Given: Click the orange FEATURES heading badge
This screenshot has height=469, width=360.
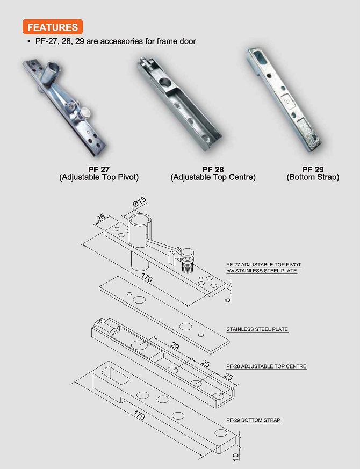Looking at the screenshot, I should (53, 27).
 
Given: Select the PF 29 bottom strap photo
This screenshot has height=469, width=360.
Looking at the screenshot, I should (282, 99).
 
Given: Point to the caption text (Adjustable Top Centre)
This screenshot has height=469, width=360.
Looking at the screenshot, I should (213, 177).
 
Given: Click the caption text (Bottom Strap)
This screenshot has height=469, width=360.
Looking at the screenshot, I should (313, 177).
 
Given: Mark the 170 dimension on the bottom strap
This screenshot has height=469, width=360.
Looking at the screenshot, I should (139, 416).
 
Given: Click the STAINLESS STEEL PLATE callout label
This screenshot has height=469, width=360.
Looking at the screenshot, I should (257, 329).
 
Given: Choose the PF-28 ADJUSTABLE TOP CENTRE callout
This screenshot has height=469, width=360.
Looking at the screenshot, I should (267, 366).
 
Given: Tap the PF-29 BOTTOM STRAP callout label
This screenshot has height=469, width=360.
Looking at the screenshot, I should (254, 420).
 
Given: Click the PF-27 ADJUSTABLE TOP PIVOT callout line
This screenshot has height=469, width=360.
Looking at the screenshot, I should (264, 265).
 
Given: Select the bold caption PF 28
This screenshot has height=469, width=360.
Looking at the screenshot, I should (213, 169).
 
